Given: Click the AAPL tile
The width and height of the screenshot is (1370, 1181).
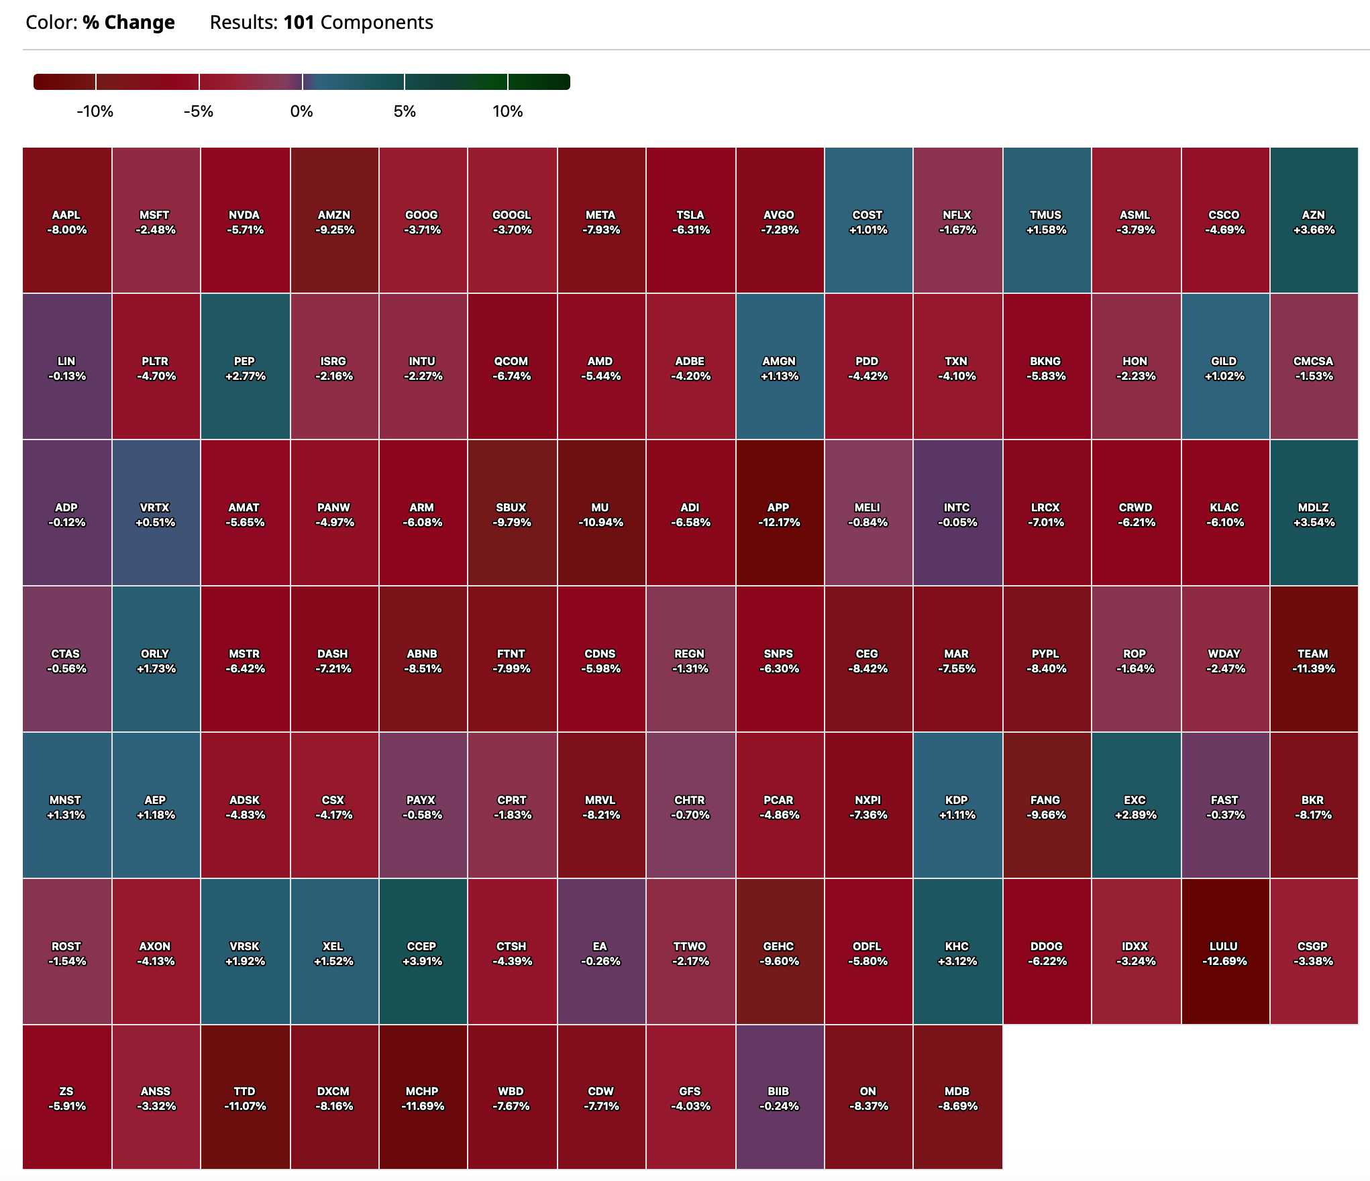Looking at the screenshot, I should [x=66, y=221].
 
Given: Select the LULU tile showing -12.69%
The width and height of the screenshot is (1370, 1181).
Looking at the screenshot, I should [x=1224, y=952].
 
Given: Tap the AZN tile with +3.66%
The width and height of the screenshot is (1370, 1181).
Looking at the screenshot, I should [x=1314, y=221].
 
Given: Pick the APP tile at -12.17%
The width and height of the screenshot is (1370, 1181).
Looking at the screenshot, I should [x=779, y=513].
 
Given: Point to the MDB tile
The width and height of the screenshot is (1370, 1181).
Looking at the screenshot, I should [x=957, y=1098].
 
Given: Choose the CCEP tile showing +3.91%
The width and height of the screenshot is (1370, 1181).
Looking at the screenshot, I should [x=422, y=952].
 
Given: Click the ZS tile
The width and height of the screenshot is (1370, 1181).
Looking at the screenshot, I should [x=66, y=1098].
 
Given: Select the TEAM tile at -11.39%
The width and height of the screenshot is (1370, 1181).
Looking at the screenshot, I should [x=1314, y=660].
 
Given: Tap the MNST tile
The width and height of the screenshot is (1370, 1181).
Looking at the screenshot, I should [x=66, y=806].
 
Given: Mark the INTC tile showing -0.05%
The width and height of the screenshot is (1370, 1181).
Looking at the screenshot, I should [x=957, y=513].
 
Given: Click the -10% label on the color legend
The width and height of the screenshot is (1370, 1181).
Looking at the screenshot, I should [x=95, y=111].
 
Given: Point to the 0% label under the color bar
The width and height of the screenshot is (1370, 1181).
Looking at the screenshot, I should [x=302, y=111].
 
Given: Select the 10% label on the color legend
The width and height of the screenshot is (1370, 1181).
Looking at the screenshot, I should [x=508, y=111].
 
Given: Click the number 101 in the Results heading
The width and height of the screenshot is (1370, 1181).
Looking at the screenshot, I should [x=299, y=23].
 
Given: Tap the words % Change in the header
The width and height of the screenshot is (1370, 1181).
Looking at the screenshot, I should [x=129, y=23].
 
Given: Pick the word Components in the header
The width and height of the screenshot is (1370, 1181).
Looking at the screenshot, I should [x=377, y=23].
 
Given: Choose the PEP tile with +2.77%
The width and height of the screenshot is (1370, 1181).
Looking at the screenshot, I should [x=245, y=367].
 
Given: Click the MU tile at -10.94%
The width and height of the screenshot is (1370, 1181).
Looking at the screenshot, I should [x=600, y=513].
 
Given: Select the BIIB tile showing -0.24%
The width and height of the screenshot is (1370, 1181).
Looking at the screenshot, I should [x=779, y=1098].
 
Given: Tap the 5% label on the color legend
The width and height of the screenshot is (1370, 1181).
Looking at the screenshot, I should [x=405, y=111].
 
